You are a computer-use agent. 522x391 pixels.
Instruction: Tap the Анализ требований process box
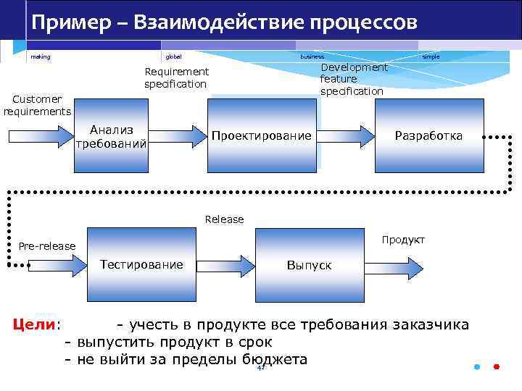tap(112, 136)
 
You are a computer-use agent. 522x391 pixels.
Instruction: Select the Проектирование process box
tap(262, 136)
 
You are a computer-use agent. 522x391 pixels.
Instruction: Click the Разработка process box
tap(428, 136)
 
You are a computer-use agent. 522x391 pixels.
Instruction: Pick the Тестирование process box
tap(141, 264)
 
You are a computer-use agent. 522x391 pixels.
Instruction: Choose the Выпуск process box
tap(309, 265)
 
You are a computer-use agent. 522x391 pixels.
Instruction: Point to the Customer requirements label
tap(37, 105)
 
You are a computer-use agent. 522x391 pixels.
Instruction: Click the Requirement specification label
tap(176, 78)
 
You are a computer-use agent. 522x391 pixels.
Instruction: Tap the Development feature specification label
tap(352, 80)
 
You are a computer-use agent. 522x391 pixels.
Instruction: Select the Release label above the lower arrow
tap(224, 219)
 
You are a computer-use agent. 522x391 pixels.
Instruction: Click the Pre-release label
tap(47, 246)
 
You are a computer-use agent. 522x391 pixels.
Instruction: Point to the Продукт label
tap(403, 240)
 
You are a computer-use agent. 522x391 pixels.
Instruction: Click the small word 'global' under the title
tap(174, 56)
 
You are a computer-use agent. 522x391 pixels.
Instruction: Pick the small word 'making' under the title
tap(41, 56)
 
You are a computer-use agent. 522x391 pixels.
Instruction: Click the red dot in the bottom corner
tap(497, 366)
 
